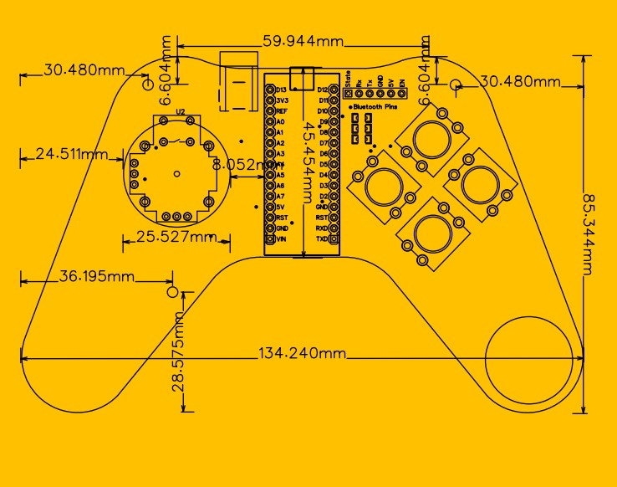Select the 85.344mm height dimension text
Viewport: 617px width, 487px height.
[589, 233]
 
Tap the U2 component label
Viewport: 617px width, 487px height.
[180, 111]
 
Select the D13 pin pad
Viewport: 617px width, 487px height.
[270, 89]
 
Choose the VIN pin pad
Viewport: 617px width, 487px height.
[270, 238]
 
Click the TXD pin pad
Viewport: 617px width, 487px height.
[334, 238]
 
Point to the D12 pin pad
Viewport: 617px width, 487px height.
[334, 89]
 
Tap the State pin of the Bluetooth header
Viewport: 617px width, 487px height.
[348, 95]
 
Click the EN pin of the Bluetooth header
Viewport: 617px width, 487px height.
[402, 95]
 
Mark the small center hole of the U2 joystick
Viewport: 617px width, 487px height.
[176, 173]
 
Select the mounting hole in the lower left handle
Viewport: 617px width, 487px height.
[173, 293]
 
